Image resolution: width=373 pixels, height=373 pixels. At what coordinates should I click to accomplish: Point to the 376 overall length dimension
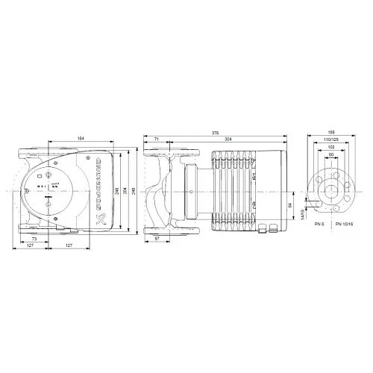point(216,133)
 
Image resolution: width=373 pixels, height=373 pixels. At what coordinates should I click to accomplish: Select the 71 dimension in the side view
point(157,141)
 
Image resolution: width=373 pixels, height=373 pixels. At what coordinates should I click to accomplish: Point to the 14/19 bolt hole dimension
point(303,214)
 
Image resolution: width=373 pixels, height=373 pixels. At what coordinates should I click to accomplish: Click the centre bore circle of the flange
point(330,189)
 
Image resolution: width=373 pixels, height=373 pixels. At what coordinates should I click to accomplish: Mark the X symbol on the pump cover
point(101,220)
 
